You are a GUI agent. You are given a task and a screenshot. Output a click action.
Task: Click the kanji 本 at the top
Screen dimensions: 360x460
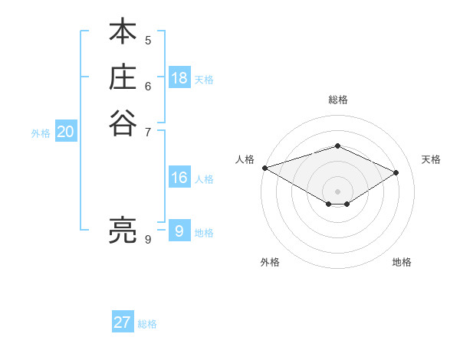[123, 33]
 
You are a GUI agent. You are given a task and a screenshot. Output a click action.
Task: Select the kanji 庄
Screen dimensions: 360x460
[123, 78]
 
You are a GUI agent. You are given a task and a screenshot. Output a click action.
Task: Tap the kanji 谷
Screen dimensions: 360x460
[123, 123]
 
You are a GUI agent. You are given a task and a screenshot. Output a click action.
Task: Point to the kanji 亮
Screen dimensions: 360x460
[123, 229]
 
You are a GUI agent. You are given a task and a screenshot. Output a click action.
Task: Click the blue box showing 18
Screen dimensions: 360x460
[179, 78]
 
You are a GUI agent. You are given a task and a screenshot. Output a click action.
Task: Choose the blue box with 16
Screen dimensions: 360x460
[179, 178]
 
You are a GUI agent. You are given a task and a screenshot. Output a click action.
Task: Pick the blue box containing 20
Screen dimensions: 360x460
[66, 132]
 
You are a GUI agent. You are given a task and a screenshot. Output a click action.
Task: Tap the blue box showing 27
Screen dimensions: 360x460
[123, 322]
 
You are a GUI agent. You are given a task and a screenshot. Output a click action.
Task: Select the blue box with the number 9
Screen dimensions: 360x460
[179, 231]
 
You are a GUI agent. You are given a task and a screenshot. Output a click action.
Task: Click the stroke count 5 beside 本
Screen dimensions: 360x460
[148, 40]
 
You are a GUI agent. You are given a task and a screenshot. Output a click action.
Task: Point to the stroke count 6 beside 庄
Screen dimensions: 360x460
[148, 87]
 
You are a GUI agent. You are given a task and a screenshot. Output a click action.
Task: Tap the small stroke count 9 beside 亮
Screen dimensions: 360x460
[148, 239]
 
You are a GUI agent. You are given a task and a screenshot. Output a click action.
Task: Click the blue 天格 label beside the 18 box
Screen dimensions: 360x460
[204, 79]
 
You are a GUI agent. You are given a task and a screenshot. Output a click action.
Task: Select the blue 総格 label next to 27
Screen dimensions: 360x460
[147, 324]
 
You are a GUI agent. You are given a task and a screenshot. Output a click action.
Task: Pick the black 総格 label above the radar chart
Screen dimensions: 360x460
[337, 100]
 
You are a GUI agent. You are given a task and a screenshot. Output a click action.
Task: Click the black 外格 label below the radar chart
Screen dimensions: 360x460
[270, 262]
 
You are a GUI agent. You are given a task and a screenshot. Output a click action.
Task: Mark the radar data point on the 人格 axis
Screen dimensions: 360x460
[264, 167]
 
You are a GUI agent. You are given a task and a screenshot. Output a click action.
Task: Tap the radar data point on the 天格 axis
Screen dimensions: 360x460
[396, 172]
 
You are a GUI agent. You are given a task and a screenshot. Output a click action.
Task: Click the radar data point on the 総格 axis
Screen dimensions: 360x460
[337, 146]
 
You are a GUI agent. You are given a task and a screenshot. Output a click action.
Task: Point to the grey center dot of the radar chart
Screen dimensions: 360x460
[337, 191]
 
